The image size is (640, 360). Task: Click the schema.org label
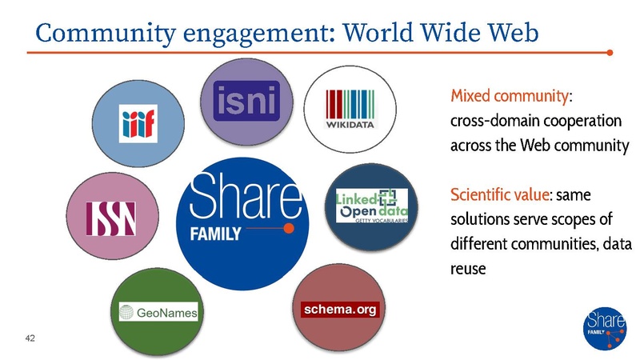pos(337,309)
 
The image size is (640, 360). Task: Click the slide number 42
pos(31,338)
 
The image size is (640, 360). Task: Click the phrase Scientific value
pos(497,194)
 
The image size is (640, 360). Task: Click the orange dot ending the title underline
pos(610,54)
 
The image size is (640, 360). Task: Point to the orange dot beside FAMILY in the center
pos(290,230)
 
